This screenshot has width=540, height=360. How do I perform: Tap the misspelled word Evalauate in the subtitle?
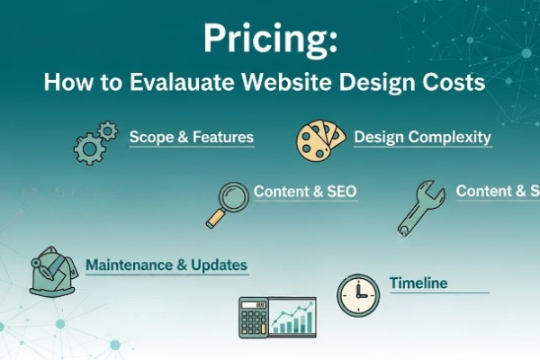[174, 83]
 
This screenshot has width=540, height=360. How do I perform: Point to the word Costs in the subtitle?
[451, 83]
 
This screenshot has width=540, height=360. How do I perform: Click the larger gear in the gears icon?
[89, 148]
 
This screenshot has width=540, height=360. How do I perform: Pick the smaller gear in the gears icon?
[108, 132]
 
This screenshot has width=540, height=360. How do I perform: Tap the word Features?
[221, 138]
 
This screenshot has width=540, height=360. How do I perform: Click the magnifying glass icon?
[228, 203]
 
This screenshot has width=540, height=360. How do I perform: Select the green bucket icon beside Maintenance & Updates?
[54, 270]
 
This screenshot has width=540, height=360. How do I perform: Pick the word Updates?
[219, 265]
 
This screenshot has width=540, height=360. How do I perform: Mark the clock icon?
[358, 295]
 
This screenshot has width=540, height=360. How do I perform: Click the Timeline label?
[418, 283]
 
